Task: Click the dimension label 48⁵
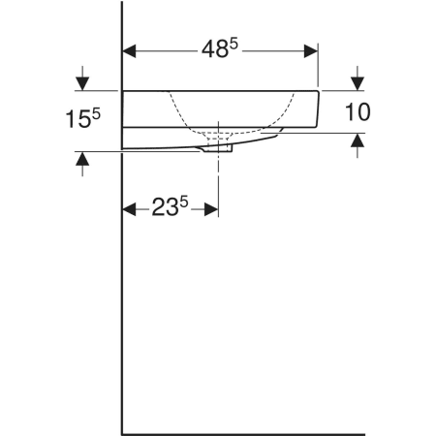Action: pyautogui.click(x=220, y=48)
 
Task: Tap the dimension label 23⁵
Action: pyautogui.click(x=170, y=206)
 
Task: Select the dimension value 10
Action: pyautogui.click(x=358, y=111)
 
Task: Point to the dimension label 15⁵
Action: pyautogui.click(x=83, y=118)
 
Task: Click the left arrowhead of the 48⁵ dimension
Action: pyautogui.click(x=129, y=51)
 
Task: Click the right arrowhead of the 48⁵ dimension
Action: pyautogui.click(x=311, y=51)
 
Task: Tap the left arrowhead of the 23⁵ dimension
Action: pyautogui.click(x=129, y=209)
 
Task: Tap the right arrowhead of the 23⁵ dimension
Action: pyautogui.click(x=211, y=209)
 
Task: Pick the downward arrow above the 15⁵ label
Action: pyautogui.click(x=82, y=78)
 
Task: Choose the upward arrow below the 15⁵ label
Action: pyautogui.click(x=82, y=164)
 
